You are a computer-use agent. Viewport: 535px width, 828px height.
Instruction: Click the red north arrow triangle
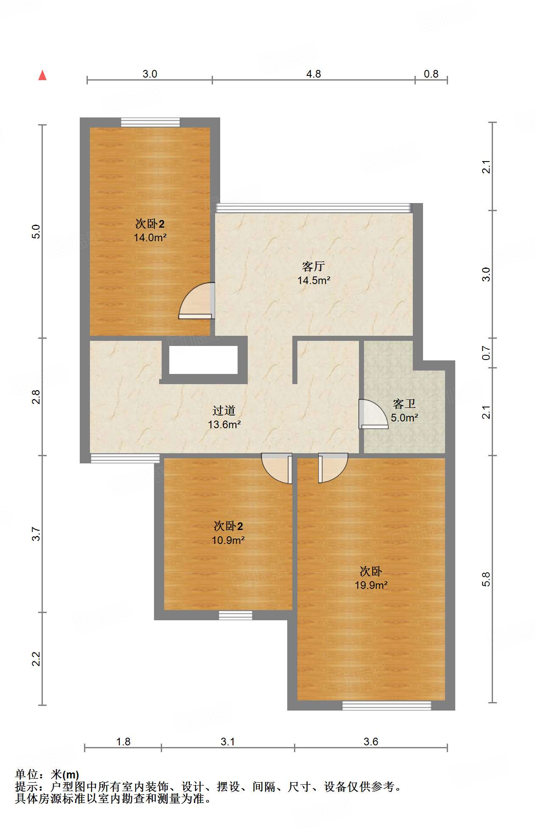coord(42,75)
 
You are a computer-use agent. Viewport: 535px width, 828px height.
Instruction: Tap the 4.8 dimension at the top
coord(314,74)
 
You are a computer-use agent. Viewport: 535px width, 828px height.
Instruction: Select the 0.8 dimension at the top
coord(431,74)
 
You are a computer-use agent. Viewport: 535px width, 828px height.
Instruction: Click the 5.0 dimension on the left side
coord(36,231)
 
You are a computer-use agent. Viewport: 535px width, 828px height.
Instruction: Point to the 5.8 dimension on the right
coord(486,579)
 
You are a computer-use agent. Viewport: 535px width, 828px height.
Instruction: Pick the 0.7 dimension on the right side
coord(486,353)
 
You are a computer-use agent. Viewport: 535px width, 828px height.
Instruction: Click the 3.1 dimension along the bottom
coord(228,741)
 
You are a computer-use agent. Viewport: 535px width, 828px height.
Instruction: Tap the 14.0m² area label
coord(150,238)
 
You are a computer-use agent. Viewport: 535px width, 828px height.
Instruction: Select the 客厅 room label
coord(314,266)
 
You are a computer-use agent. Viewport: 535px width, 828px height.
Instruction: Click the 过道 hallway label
coord(224,410)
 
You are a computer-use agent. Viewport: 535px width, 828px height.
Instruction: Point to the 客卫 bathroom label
coord(404,404)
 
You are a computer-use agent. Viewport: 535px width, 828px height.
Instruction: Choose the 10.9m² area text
coord(228,540)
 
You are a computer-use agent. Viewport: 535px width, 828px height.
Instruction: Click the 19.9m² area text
coord(371,585)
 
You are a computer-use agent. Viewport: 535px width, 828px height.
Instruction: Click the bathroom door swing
coord(373,413)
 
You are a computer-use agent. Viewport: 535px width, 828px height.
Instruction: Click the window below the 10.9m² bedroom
coord(235,615)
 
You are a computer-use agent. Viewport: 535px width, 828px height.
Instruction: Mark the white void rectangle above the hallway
coord(203,360)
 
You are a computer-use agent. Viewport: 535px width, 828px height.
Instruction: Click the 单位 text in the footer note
coord(27,775)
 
